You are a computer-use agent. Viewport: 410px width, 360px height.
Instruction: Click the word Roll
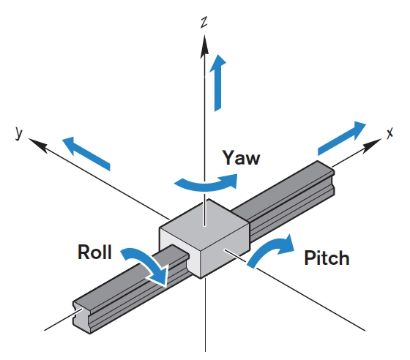tap(94, 253)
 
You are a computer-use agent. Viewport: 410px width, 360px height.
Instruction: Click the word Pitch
tap(326, 258)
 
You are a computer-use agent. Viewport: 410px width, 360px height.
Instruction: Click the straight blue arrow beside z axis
tap(217, 83)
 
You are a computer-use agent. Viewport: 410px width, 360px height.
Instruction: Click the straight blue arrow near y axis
tap(86, 152)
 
